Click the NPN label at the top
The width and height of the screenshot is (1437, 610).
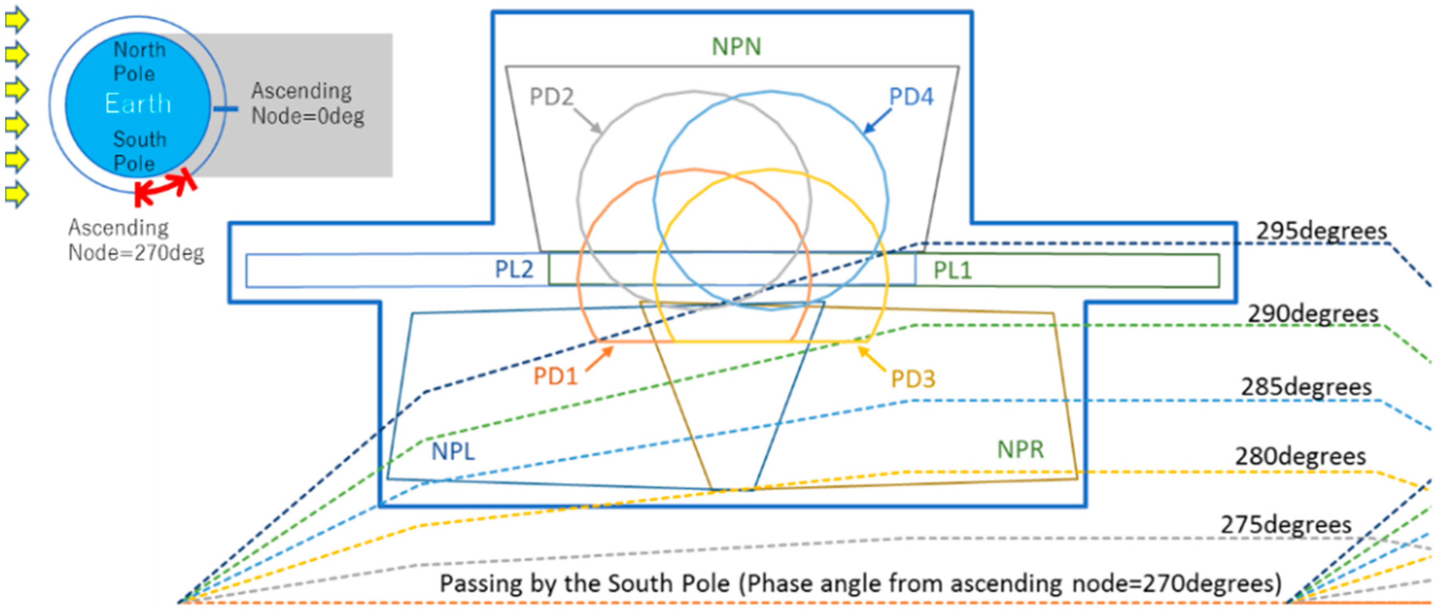click(x=736, y=47)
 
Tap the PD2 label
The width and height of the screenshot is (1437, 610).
click(x=551, y=97)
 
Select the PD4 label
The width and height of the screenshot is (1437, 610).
click(x=910, y=97)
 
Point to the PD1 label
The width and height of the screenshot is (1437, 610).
click(x=555, y=376)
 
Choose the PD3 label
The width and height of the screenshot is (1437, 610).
click(x=912, y=379)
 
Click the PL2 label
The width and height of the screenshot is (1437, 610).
click(x=514, y=270)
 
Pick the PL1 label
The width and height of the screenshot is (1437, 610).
click(x=952, y=271)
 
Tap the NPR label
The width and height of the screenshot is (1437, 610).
click(x=1020, y=449)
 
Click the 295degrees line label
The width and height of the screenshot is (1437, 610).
click(x=1321, y=231)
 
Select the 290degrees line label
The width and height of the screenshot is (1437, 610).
click(x=1313, y=314)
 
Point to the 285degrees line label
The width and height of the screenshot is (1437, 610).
click(x=1306, y=387)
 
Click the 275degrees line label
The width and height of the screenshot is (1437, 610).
click(x=1286, y=525)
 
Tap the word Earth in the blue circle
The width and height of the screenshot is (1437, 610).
click(x=138, y=104)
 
